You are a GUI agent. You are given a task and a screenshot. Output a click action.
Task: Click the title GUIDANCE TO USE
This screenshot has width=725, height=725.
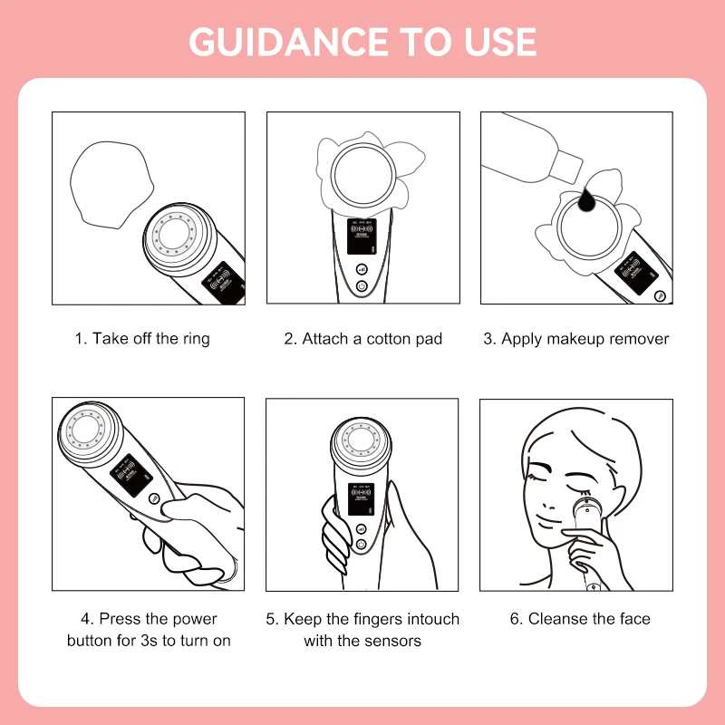coord(362,42)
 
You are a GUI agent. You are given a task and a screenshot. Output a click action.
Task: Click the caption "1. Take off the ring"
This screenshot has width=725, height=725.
coord(141,339)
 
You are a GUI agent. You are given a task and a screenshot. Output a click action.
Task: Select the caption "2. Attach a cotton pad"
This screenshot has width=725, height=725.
coord(362,339)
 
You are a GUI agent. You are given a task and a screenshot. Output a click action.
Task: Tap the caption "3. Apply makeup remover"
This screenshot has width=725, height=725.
coord(575,339)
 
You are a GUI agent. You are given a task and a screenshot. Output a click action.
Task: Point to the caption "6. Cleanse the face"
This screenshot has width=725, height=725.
coord(580,619)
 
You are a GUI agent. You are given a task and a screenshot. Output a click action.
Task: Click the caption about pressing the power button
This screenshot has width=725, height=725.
coord(149,630)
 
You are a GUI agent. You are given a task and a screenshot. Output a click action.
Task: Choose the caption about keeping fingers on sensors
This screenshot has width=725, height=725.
coord(362,630)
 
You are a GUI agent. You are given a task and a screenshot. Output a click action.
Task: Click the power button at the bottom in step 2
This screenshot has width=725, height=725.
coord(362,286)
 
